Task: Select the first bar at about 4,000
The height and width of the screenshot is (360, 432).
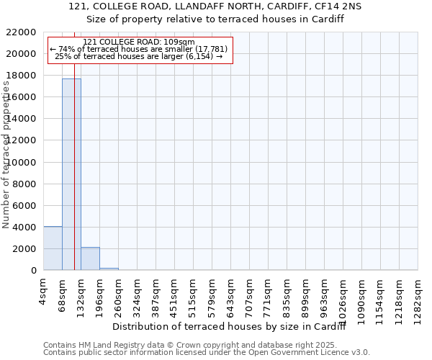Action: click(x=53, y=248)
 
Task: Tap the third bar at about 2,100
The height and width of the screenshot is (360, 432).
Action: click(x=90, y=258)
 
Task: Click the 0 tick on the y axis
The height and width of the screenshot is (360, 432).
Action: click(x=33, y=271)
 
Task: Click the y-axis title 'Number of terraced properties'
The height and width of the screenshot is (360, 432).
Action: click(x=7, y=155)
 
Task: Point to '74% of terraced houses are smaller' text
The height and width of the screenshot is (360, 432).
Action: click(x=139, y=49)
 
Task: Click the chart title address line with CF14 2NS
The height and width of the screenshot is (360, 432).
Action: click(x=215, y=6)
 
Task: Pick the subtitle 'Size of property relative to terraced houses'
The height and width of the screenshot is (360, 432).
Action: click(x=215, y=19)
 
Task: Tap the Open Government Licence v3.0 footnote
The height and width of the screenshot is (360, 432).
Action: click(x=207, y=353)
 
